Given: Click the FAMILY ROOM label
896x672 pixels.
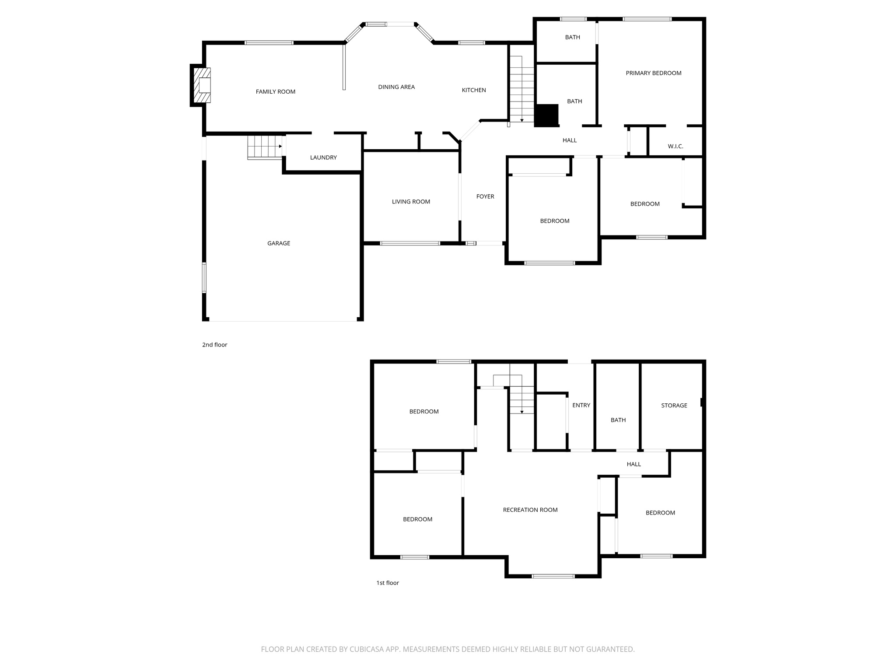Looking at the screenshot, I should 276,91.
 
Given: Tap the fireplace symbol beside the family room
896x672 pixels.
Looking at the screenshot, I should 203,85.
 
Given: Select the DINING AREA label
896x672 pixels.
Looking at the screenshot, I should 396,87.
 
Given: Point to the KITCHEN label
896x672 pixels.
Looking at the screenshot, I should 474,90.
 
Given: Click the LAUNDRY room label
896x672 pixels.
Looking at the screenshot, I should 323,157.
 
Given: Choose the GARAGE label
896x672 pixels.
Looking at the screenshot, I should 279,243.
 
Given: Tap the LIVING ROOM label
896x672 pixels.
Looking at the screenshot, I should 411,202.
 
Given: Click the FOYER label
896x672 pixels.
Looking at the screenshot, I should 485,196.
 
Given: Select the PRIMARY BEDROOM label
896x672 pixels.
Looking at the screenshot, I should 653,73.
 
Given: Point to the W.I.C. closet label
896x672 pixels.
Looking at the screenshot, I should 675,146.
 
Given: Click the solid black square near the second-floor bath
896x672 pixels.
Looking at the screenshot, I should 547,115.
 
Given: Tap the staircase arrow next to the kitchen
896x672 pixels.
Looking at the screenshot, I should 522,120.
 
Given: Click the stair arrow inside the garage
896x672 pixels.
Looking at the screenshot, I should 280,147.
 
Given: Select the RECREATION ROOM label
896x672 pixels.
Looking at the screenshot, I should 530,510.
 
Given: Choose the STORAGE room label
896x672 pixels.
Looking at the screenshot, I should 674,406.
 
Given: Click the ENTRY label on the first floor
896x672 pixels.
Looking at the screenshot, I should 581,405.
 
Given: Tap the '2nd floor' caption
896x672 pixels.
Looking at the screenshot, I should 214,345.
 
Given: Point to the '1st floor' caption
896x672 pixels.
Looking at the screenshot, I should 388,583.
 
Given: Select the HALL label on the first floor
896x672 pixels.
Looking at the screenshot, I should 633,464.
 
